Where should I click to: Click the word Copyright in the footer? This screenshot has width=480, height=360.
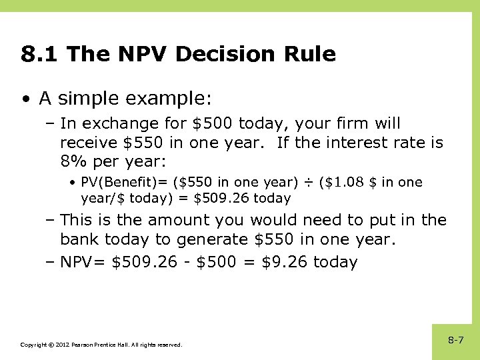click(x=33, y=345)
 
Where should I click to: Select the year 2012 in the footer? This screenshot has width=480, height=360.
click(x=61, y=345)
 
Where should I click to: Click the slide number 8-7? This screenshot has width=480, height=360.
click(x=456, y=341)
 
